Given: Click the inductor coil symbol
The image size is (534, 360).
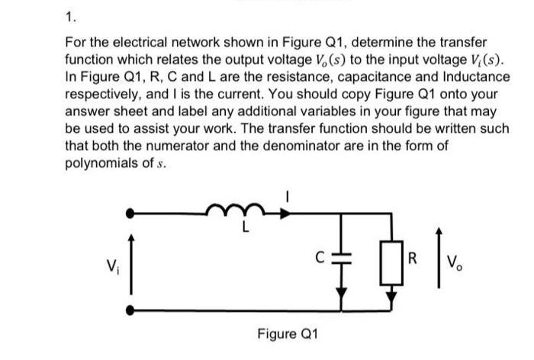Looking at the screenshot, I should (232, 207).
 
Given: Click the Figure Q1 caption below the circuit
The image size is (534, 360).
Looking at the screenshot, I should (288, 334).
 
